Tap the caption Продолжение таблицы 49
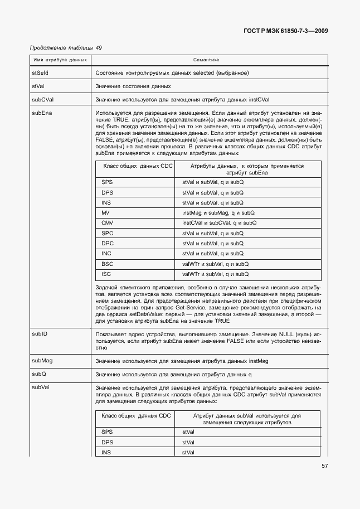(66, 48)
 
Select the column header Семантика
(206, 59)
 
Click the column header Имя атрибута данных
(60, 59)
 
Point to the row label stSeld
(40, 72)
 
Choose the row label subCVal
(42, 99)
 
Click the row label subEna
(42, 113)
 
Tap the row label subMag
(42, 361)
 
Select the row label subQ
(39, 374)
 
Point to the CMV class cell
(108, 223)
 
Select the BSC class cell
(107, 264)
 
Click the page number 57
(324, 467)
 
